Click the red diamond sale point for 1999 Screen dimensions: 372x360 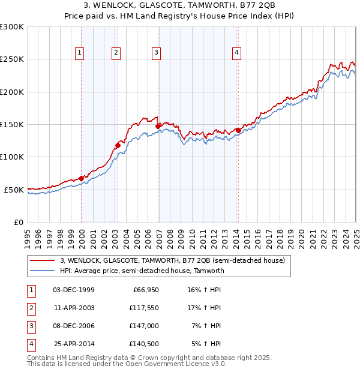coord(81,178)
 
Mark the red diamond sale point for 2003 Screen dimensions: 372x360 coord(118,145)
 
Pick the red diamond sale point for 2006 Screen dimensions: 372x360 coord(158,126)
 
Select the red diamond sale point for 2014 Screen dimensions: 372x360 coord(238,130)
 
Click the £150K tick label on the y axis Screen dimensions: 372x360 coord(12,124)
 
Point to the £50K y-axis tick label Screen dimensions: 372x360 coord(14,190)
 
